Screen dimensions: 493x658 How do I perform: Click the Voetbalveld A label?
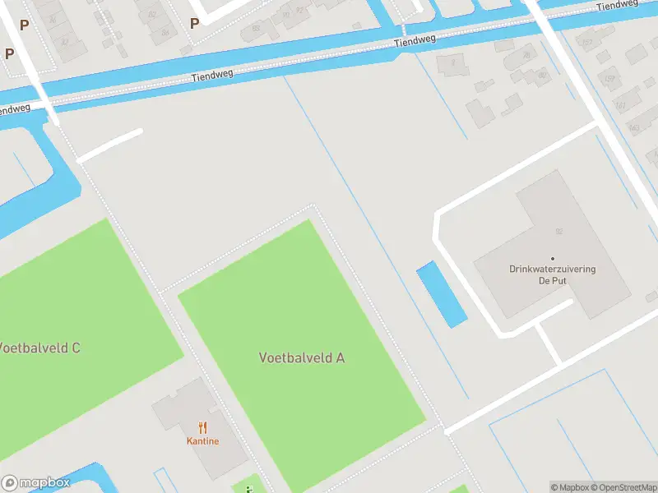[x=301, y=357]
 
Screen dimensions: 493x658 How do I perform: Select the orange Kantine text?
[x=202, y=441]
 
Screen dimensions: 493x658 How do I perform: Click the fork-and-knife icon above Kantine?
[x=202, y=427]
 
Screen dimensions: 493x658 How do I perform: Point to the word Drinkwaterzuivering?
[x=553, y=269]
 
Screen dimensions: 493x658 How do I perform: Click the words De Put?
[x=553, y=280]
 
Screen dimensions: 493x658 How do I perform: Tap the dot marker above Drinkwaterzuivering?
[x=553, y=258]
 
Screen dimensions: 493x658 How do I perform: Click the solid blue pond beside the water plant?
[x=442, y=294]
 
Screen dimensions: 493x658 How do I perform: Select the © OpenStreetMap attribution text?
[x=624, y=487]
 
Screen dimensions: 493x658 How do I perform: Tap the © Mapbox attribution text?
[x=570, y=487]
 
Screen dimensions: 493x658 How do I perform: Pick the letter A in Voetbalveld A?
[x=340, y=357]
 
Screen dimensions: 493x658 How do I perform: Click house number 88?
[x=256, y=28]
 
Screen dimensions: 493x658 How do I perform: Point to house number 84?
[x=165, y=32]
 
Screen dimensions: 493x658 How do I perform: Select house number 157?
[x=586, y=43]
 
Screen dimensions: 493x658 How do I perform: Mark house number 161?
[x=622, y=105]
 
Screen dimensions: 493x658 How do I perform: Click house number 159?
[x=609, y=79]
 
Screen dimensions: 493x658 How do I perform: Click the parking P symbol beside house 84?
[x=194, y=24]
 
